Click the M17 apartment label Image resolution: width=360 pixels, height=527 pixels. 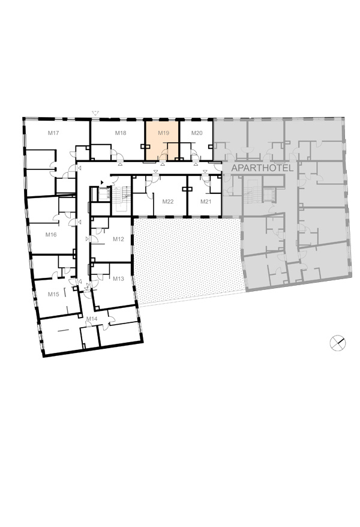(53, 133)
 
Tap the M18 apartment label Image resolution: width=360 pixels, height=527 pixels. (121, 133)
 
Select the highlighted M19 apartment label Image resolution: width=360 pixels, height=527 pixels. (164, 133)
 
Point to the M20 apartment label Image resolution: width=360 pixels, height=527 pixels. (197, 133)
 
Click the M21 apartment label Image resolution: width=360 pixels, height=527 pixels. (206, 201)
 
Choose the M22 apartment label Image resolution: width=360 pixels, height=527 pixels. (168, 201)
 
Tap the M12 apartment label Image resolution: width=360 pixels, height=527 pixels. (118, 239)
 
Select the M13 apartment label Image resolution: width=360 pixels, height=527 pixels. (118, 279)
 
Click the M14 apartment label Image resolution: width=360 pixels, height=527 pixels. (92, 318)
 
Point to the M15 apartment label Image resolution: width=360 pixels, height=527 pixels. (53, 294)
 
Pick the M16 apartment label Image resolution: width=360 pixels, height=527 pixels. (51, 235)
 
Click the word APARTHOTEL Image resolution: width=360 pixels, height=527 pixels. (263, 167)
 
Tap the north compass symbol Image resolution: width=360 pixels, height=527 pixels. (338, 343)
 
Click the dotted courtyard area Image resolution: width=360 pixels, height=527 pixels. (187, 260)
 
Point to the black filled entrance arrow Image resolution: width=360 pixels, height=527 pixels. (103, 182)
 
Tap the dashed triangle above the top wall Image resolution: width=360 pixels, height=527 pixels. (96, 113)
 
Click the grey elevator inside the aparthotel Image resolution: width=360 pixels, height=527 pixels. (269, 194)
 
